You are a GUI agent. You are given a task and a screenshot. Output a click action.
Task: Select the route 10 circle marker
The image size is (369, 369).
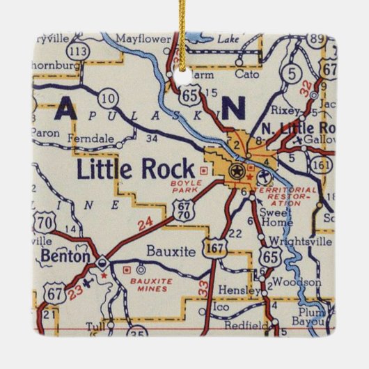[108, 98]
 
